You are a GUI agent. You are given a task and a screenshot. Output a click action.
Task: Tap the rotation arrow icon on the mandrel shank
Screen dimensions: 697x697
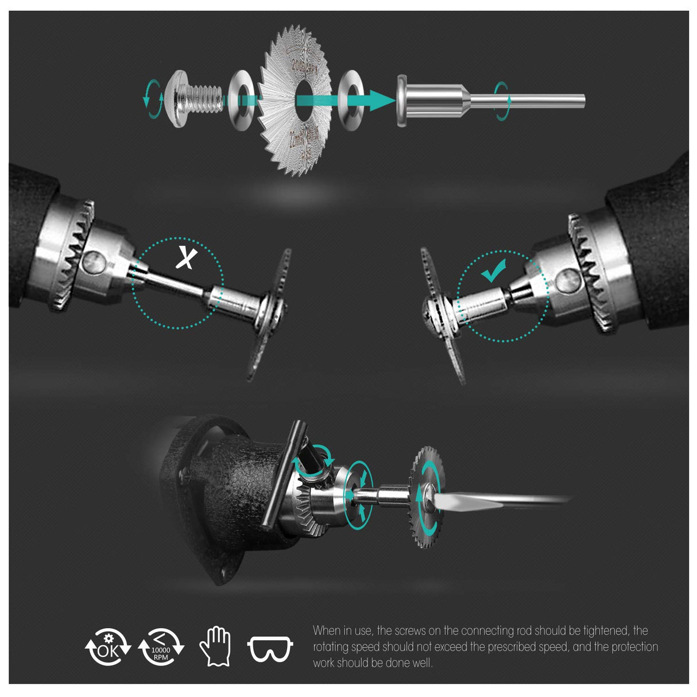[x=502, y=100]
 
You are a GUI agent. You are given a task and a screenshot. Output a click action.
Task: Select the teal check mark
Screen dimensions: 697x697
[x=494, y=270]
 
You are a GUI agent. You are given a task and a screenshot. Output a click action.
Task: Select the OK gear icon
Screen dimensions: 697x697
[x=108, y=647]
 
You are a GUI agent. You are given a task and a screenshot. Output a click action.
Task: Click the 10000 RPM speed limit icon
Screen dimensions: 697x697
[x=161, y=647]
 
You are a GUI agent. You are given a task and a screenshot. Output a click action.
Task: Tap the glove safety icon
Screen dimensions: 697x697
[x=215, y=646]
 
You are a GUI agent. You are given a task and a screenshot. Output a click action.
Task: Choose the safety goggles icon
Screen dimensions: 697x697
[x=270, y=649]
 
